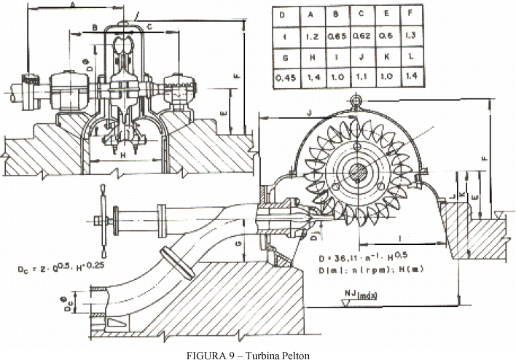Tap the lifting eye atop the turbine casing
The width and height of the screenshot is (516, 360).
click(x=356, y=100)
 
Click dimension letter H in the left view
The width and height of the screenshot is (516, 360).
click(x=122, y=154)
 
